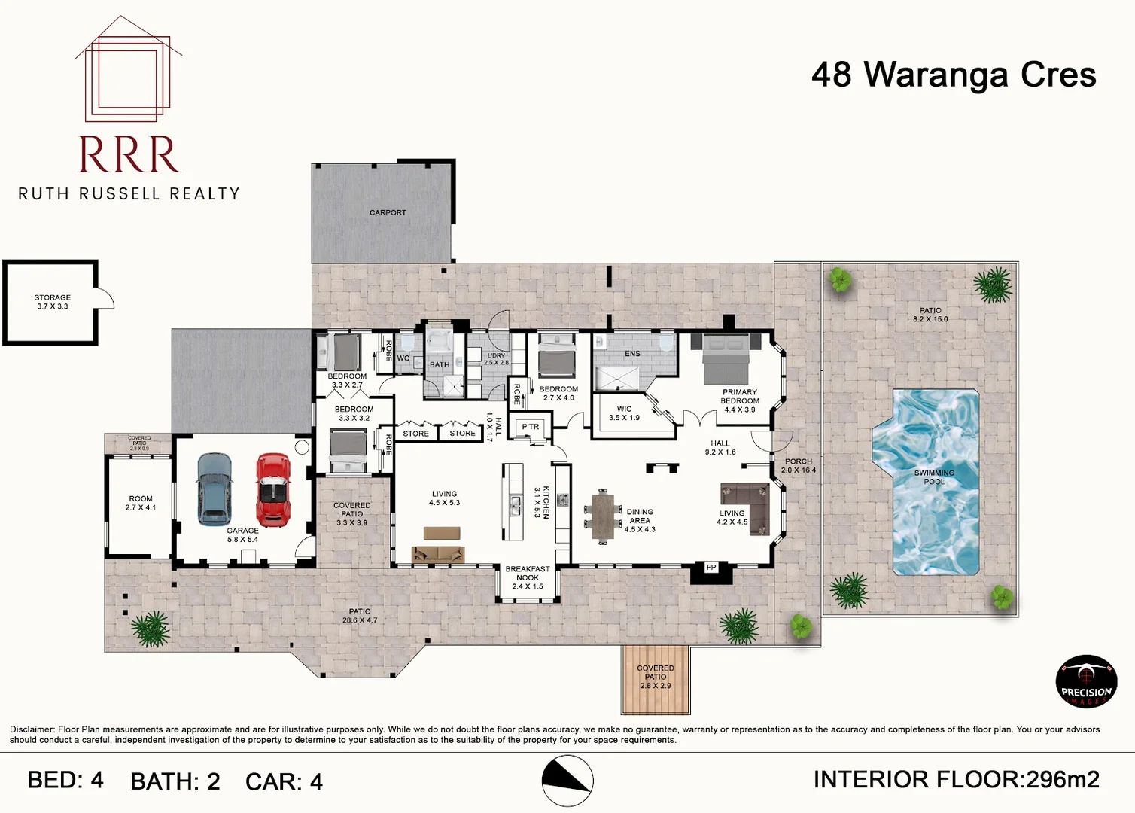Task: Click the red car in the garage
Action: pos(273,490)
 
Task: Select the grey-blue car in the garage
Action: pos(215,489)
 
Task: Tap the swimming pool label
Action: pos(934,477)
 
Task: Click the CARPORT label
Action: pos(388,213)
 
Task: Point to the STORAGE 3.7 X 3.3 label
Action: pos(52,302)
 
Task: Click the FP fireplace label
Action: pos(711,568)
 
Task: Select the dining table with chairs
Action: pos(602,516)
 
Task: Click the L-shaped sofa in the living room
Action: pos(745,504)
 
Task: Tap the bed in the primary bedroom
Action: pos(726,359)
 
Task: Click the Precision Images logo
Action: pos(1086,682)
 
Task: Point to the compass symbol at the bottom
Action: pos(567,781)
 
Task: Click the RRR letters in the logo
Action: pos(129,155)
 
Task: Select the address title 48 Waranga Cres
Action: pos(954,75)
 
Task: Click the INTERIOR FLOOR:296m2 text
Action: pos(956,780)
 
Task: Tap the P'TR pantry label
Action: pos(531,427)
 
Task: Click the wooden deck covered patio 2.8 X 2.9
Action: pos(656,680)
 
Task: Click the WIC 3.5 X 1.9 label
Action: pos(624,413)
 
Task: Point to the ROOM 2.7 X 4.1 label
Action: pos(141,503)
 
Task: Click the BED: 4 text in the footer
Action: pos(65,781)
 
